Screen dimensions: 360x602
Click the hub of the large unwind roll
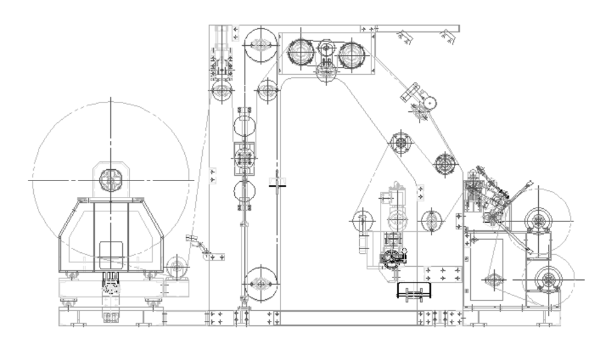pos(111,179)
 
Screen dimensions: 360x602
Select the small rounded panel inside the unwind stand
pos(111,255)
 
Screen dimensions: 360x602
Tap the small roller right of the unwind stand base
pos(176,267)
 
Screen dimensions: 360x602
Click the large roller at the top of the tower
pos(261,45)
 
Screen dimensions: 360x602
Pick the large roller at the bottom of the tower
pos(261,283)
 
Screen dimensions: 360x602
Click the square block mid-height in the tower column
pos(244,158)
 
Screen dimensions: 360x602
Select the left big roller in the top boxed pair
pos(300,53)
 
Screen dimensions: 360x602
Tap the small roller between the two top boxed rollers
pos(326,49)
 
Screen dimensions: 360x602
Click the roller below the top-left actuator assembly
pos(222,92)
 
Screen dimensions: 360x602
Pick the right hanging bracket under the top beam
pos(447,37)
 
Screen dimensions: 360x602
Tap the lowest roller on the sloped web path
pos(445,163)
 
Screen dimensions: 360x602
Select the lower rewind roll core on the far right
pos(548,279)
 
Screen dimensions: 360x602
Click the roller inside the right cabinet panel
pos(494,279)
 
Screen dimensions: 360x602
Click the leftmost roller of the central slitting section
pos(363,221)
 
